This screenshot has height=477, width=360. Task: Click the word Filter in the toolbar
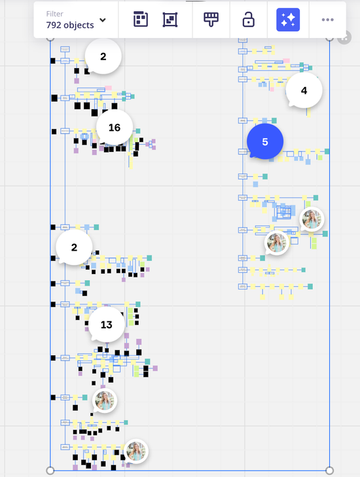[x=55, y=14]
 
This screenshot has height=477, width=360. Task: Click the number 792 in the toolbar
[x=54, y=25]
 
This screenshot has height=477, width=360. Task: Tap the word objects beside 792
[x=79, y=25]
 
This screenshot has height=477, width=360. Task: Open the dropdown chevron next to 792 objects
[x=103, y=20]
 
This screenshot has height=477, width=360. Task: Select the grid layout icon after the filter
[x=141, y=20]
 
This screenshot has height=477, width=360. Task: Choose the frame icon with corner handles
[x=170, y=20]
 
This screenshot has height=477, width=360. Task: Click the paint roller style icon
[x=211, y=20]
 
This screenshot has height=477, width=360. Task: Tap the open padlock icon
[x=248, y=20]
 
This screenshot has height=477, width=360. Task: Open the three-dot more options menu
[x=327, y=20]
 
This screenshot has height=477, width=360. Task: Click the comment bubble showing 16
[x=115, y=128]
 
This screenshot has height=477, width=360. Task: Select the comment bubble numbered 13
[x=107, y=325]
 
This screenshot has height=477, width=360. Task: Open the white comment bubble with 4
[x=304, y=90]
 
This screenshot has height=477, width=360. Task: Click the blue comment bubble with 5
[x=264, y=141]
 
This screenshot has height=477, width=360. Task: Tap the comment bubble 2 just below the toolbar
[x=103, y=56]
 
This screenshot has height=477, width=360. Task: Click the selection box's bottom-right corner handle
[x=329, y=470]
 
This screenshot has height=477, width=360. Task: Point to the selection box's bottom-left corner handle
[x=50, y=470]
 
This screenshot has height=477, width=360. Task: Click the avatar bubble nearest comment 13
[x=105, y=400]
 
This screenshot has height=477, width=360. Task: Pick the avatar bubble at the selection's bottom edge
[x=136, y=451]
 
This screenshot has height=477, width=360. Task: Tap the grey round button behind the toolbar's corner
[x=344, y=38]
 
